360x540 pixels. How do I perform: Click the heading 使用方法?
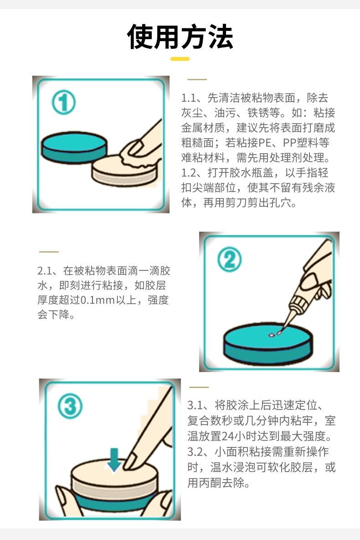[x=180, y=37]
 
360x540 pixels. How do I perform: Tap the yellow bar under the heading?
[x=180, y=59]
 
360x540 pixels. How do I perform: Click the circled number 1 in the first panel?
[x=63, y=102]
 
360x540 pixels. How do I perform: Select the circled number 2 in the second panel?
[x=229, y=260]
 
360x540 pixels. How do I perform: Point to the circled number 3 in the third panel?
[x=70, y=406]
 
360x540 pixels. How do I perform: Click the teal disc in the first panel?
[x=74, y=147]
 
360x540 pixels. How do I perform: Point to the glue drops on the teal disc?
[x=275, y=334]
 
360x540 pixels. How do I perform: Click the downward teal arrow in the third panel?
[x=114, y=459]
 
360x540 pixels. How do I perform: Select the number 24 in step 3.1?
[x=227, y=436]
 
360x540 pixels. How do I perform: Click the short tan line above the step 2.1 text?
[x=49, y=252]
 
